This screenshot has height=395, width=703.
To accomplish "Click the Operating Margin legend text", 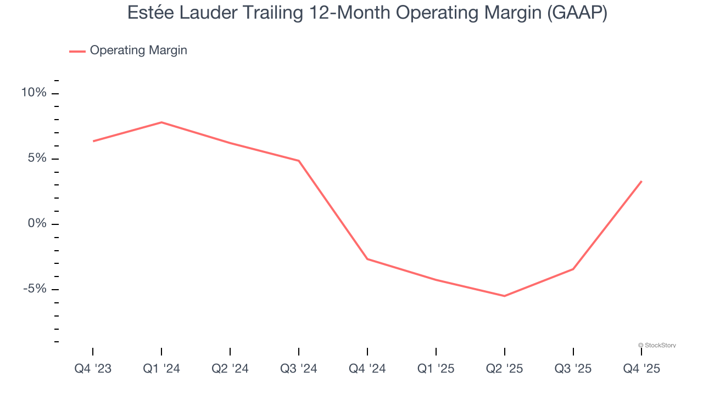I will tap(138, 50).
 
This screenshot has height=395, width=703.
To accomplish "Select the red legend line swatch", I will tap(77, 51).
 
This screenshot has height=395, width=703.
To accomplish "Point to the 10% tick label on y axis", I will tap(34, 93).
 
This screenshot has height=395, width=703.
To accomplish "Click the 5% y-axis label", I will tap(37, 159).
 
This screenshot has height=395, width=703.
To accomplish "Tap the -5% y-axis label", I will tap(35, 289).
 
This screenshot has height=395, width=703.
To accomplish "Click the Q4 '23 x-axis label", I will tap(93, 369).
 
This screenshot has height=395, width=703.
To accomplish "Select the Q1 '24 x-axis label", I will tap(161, 369).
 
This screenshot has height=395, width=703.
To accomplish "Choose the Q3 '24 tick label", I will tap(299, 369).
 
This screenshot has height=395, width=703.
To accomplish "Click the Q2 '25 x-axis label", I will tap(505, 369).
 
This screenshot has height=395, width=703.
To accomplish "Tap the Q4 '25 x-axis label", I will tap(641, 369).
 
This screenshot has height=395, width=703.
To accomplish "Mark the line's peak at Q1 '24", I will tap(161, 122).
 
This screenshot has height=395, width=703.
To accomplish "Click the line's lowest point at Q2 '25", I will tap(505, 296).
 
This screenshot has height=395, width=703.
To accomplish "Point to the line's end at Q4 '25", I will tap(641, 181).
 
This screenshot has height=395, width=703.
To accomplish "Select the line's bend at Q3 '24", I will tap(299, 161).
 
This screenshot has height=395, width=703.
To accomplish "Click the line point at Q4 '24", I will tap(367, 259).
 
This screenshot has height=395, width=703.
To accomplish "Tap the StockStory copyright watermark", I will tap(657, 345).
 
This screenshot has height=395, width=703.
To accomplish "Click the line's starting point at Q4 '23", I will tap(93, 141).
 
